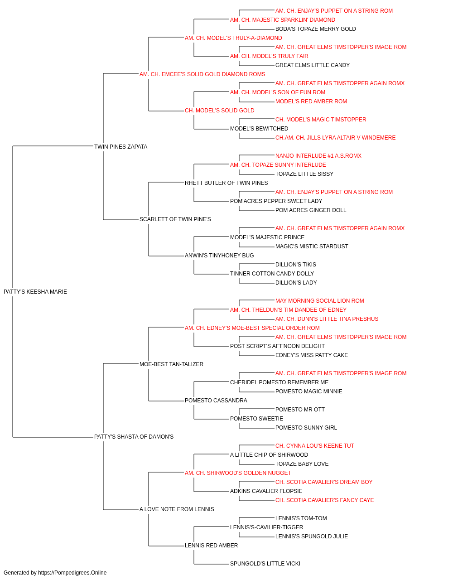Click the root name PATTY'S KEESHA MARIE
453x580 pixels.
(35, 292)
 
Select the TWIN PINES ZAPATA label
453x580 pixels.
(120, 147)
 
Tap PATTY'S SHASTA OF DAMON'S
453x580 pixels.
(134, 437)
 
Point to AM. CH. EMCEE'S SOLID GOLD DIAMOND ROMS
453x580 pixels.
(202, 74)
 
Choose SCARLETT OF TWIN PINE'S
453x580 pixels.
(175, 219)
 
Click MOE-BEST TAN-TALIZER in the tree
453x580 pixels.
(171, 364)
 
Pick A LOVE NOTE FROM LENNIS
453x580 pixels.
(177, 509)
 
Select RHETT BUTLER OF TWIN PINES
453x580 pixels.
(226, 183)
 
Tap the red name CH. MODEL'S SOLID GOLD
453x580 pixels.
(220, 111)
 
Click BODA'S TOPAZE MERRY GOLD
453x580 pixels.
(316, 29)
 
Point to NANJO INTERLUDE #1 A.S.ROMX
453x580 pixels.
(318, 155)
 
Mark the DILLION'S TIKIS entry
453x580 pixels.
(296, 265)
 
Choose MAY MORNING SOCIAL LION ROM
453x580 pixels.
(320, 301)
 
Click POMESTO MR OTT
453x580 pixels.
(300, 410)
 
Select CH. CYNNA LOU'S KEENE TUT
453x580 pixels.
(314, 446)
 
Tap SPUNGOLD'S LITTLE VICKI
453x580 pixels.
(265, 563)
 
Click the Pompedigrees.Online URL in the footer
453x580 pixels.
(72, 573)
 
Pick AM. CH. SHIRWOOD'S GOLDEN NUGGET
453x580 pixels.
(238, 473)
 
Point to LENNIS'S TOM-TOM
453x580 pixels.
(301, 518)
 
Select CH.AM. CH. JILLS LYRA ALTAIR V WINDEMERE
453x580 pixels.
(335, 138)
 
